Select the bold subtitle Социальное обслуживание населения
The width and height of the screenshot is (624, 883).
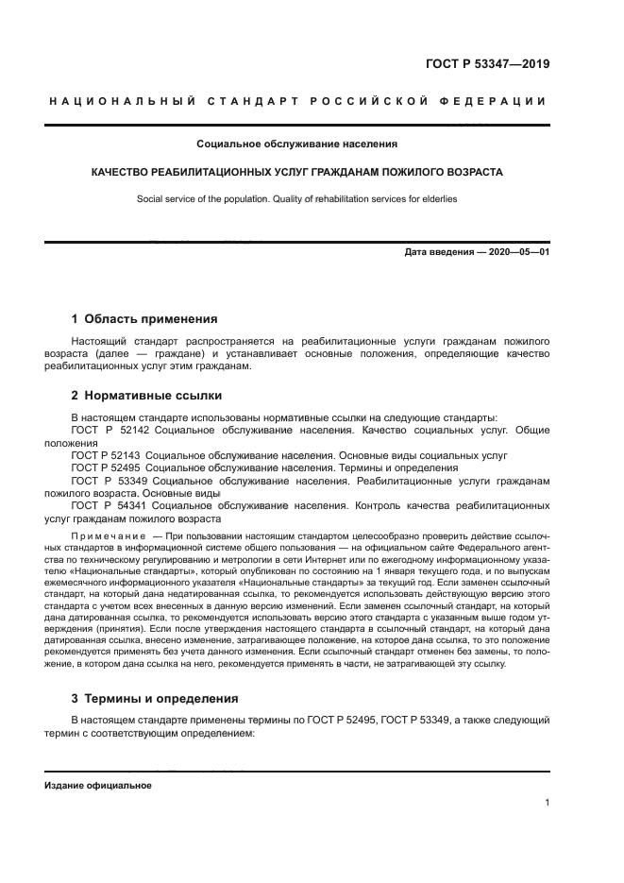click(x=296, y=144)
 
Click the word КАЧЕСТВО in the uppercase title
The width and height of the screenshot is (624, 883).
click(x=124, y=173)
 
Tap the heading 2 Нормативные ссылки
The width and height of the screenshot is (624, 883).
click(x=146, y=396)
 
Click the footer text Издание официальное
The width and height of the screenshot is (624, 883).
click(x=98, y=786)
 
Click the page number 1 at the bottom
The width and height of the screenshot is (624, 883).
click(x=547, y=804)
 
